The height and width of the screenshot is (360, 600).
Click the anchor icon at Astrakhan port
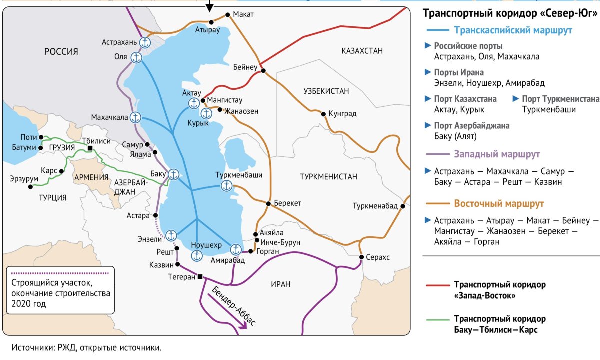click(x=145, y=42)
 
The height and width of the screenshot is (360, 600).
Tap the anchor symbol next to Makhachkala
click(x=135, y=118)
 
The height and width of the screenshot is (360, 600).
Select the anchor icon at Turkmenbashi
click(x=227, y=186)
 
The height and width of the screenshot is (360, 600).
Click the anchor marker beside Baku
click(x=173, y=174)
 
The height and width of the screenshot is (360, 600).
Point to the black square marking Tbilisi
click(x=90, y=148)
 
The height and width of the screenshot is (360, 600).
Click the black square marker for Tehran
click(x=200, y=277)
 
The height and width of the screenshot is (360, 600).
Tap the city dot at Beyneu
click(x=262, y=71)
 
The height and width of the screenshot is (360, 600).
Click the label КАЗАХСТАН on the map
click(x=362, y=51)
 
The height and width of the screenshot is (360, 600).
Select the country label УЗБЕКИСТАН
click(x=326, y=91)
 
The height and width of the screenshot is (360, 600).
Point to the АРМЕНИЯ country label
click(x=91, y=177)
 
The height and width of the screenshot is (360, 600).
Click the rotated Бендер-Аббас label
click(x=234, y=306)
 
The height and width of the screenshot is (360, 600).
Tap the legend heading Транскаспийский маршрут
click(x=513, y=30)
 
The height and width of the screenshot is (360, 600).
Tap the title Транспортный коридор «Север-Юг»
click(x=510, y=13)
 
